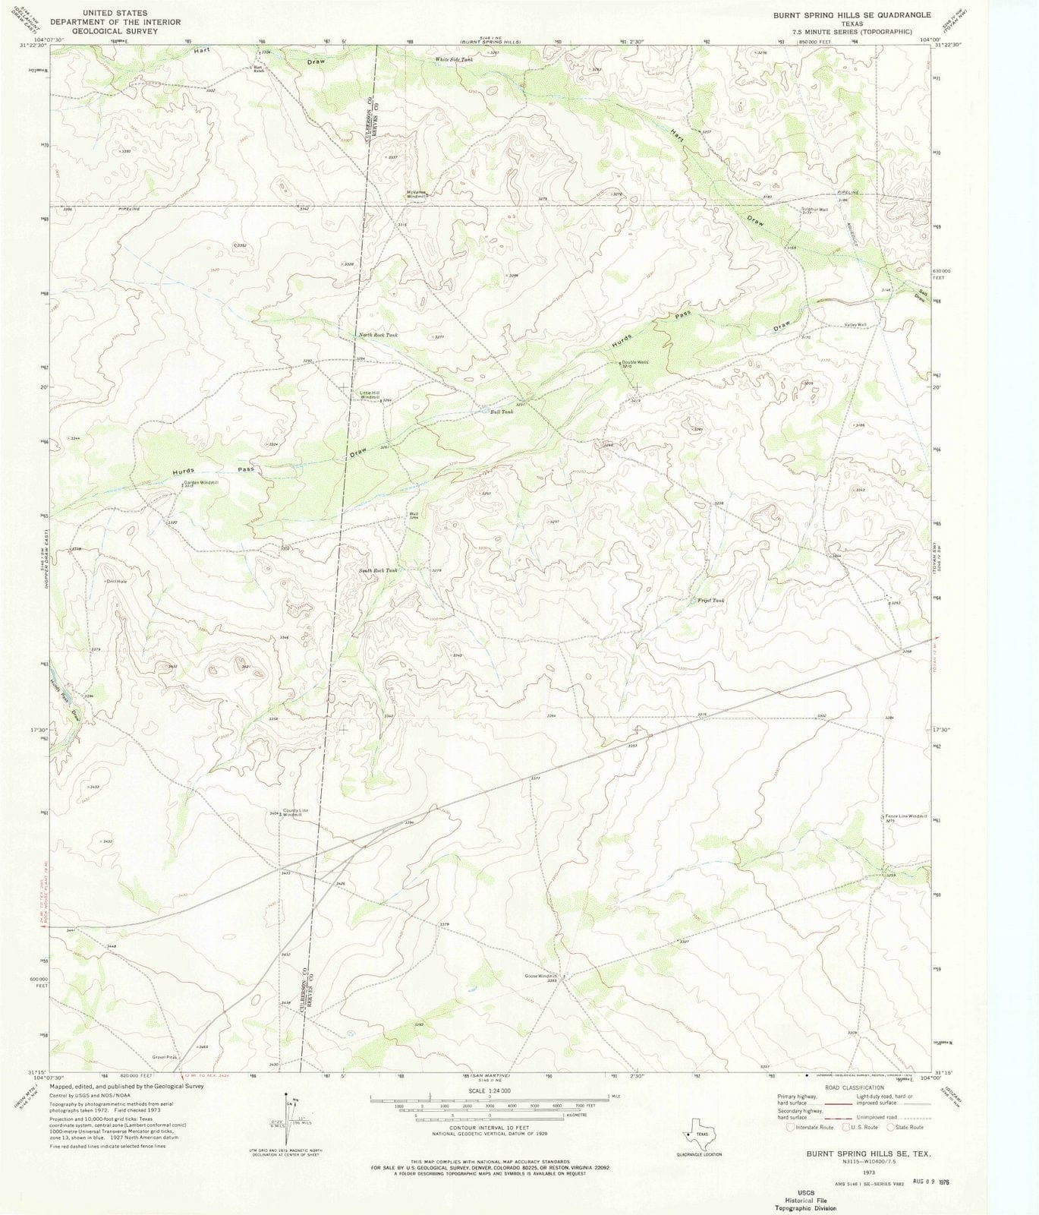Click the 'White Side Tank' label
[453, 58]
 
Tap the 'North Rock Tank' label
[377, 334]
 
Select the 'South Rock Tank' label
[378, 570]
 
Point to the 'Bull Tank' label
[502, 412]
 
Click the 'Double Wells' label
[634, 362]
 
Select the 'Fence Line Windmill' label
[905, 816]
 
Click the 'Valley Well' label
[855, 325]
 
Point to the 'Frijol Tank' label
[711, 600]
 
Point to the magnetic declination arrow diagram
[289, 1123]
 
